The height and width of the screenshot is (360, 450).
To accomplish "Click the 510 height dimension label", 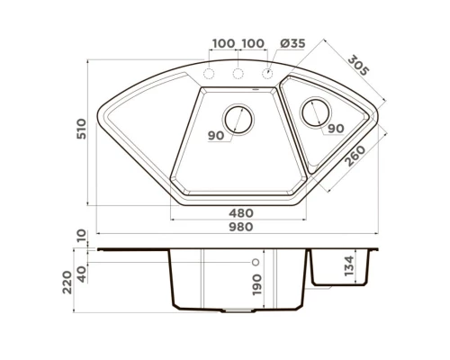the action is [x=81, y=129].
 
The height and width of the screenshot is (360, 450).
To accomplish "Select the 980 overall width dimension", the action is [x=241, y=227].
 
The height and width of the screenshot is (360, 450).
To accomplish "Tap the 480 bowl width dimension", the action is [x=241, y=213].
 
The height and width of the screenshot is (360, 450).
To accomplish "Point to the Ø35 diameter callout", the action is [x=292, y=43].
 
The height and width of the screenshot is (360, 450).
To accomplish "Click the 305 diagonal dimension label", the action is [x=358, y=65].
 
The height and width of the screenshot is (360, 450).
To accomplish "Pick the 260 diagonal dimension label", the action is [x=355, y=156].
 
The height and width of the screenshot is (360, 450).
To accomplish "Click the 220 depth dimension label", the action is [x=67, y=283].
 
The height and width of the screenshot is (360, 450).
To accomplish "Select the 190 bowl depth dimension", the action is [x=257, y=284].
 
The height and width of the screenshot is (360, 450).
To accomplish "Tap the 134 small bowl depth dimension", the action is [x=349, y=266].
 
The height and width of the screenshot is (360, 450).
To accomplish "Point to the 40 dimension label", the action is [x=82, y=274].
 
